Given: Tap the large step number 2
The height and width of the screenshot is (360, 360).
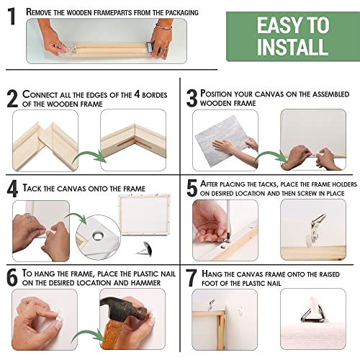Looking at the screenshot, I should (12, 99).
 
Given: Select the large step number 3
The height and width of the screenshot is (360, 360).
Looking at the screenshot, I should (192, 99).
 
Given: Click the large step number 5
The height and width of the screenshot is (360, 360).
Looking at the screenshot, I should (192, 189).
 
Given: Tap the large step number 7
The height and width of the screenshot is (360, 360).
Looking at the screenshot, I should (192, 278).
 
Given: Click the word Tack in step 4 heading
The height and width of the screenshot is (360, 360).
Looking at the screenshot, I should (36, 188).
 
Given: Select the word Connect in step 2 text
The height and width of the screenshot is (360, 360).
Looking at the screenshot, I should (47, 95).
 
